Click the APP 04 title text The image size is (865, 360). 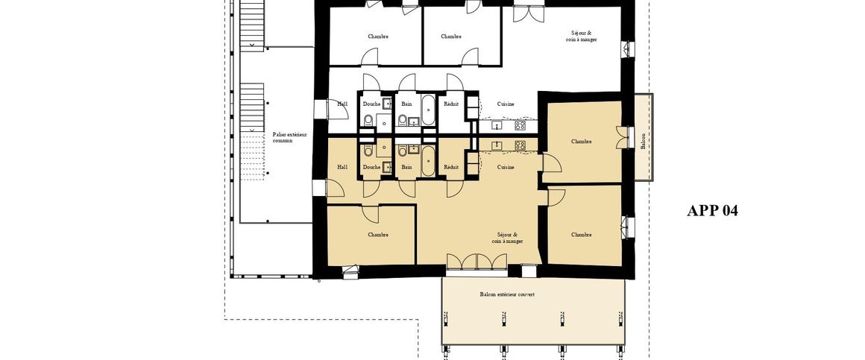712,211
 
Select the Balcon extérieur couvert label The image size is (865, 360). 507,294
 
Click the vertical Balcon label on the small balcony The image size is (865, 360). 644,141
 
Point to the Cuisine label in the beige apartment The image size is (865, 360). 506,167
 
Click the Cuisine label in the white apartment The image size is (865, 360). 506,104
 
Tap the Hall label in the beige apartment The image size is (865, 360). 342,167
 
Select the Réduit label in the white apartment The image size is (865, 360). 451,104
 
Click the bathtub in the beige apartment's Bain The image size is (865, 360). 428,161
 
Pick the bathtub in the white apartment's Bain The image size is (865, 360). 428,110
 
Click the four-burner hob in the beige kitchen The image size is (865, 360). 520,145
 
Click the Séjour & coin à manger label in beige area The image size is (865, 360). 507,238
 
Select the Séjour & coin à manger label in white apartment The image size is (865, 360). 582,36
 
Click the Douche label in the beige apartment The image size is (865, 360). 371,167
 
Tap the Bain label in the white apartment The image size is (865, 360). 406,104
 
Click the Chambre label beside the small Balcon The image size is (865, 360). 582,141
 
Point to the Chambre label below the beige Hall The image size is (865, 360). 378,235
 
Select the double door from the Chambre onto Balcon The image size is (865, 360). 620,138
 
